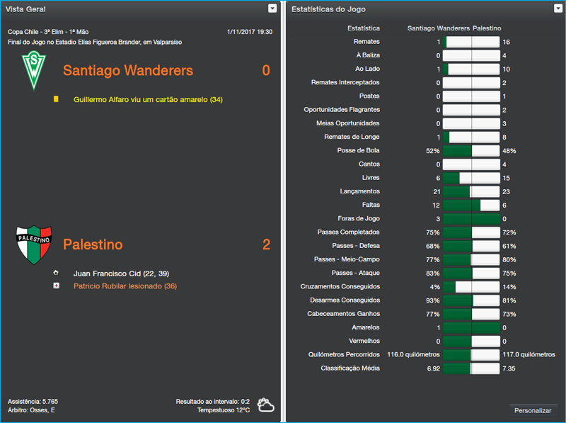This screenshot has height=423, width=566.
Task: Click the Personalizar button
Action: click(533, 410)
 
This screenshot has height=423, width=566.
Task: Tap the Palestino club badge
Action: click(33, 244)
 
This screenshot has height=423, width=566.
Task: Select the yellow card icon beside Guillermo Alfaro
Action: click(56, 100)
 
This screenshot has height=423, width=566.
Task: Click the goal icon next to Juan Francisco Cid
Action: click(56, 273)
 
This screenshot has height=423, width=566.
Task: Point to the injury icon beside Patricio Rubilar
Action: click(56, 286)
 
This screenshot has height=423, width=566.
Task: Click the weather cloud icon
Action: click(266, 405)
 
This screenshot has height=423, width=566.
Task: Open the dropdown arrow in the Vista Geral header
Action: click(272, 9)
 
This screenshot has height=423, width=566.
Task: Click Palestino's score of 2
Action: click(266, 245)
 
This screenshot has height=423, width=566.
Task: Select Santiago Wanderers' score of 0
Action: click(266, 71)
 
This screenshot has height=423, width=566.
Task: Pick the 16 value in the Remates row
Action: click(506, 43)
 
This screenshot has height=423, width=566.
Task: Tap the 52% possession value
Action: click(432, 151)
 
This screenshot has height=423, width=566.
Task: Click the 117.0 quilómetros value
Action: click(529, 354)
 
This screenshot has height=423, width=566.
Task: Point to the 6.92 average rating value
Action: click(432, 368)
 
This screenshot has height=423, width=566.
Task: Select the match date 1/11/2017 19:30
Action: click(249, 32)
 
